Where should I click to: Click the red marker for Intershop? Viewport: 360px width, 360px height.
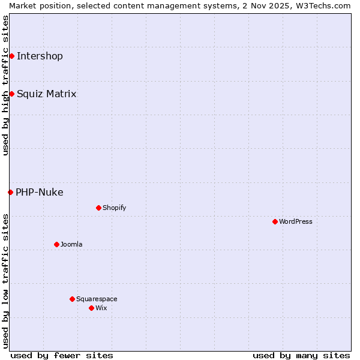(x=11, y=56)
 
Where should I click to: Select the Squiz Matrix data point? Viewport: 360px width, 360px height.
(x=11, y=94)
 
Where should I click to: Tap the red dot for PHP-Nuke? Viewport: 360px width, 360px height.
(x=10, y=193)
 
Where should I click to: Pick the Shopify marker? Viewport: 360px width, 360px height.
(x=98, y=208)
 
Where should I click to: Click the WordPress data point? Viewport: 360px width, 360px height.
(x=275, y=222)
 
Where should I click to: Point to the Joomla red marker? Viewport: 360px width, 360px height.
(x=56, y=245)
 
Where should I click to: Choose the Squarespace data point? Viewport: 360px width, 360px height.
(x=72, y=299)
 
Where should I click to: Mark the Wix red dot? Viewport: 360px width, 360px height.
(x=91, y=308)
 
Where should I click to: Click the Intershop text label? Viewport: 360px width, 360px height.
(x=40, y=56)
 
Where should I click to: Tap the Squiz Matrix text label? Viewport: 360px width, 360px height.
(x=46, y=94)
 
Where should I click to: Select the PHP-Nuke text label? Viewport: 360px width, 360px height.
(x=39, y=193)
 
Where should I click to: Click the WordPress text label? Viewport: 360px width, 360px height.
(x=296, y=222)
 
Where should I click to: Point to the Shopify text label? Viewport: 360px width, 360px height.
(x=114, y=208)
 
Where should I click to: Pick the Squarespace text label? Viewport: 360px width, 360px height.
(x=97, y=299)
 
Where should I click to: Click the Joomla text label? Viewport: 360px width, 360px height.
(x=71, y=245)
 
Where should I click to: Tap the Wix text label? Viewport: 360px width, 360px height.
(x=101, y=308)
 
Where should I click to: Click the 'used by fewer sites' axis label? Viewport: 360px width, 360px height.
(x=62, y=355)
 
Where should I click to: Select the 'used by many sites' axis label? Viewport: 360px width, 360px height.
(x=301, y=355)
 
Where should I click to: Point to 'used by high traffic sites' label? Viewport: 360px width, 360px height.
(x=5, y=85)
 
